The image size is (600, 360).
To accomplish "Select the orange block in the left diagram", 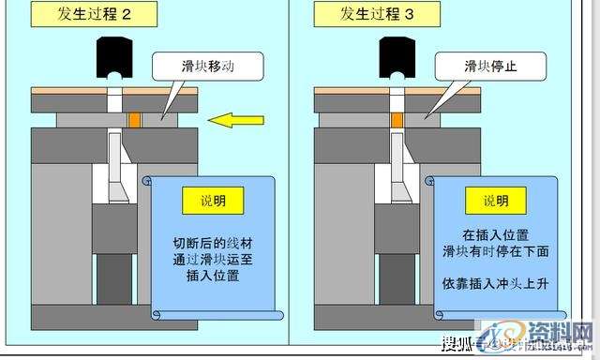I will coord(135,120).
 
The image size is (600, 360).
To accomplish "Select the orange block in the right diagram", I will coord(397,120).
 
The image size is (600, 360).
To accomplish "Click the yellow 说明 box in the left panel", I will coord(214,200).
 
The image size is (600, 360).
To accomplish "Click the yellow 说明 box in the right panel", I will coord(497,200).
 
